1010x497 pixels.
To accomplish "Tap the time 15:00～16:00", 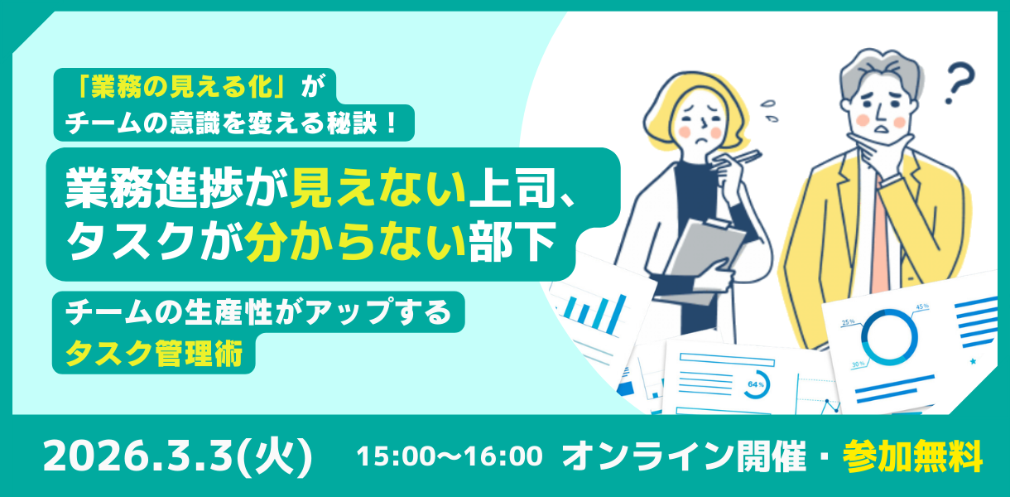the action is point(450,456).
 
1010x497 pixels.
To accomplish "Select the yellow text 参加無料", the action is point(912,456).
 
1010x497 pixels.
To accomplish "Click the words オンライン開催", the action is point(684,456).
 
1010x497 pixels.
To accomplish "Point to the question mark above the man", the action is point(959,84).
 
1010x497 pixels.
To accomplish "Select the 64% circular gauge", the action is point(756,384).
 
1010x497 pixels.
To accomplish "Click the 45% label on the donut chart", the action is point(922,306).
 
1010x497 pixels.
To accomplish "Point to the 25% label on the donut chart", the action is point(848,322).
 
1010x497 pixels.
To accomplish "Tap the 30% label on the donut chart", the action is point(858,364).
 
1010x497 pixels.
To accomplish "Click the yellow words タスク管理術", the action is point(154,353).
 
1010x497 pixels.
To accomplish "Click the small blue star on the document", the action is point(973,361).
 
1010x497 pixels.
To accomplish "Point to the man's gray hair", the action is point(879,72).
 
